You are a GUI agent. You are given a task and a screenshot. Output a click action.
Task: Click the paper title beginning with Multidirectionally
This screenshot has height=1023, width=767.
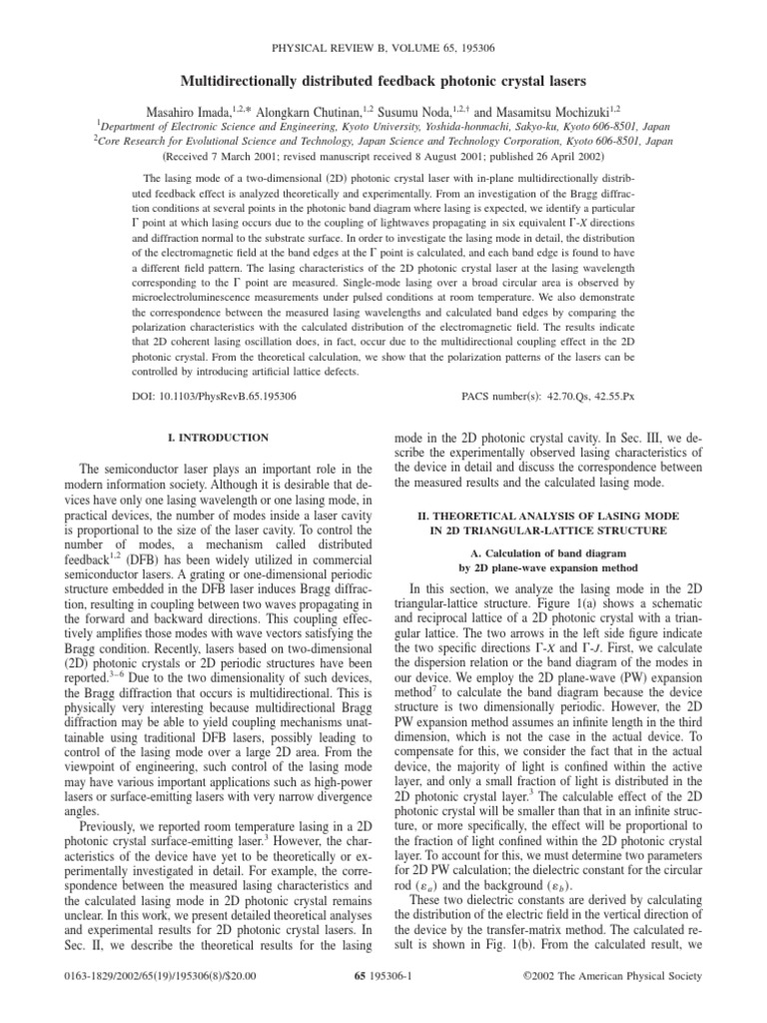(x=383, y=79)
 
